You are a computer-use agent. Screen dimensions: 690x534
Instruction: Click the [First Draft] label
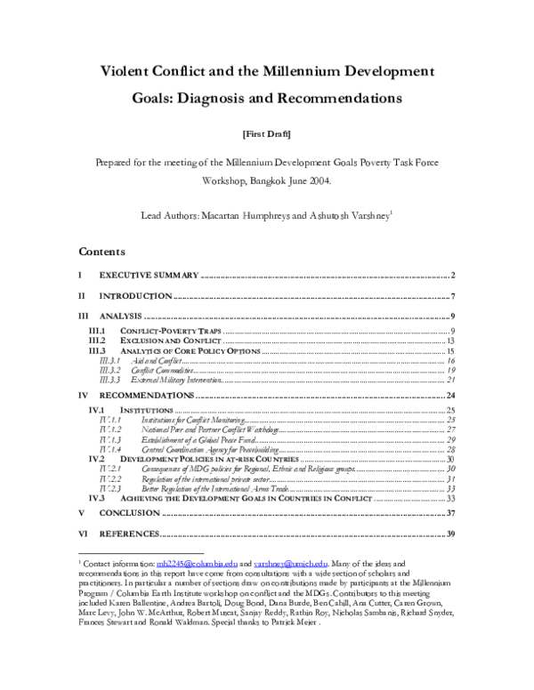click(267, 134)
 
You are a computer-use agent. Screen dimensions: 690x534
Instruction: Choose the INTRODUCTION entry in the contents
click(135, 295)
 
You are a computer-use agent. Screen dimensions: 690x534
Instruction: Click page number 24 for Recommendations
click(450, 395)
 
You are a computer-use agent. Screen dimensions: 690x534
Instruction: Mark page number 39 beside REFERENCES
click(450, 534)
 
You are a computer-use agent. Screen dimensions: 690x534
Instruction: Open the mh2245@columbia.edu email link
click(184, 564)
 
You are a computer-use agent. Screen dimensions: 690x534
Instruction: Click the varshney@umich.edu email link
click(284, 564)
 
